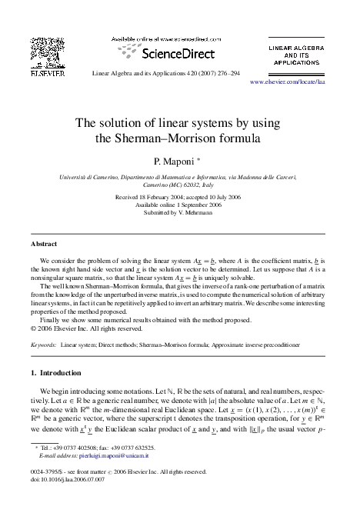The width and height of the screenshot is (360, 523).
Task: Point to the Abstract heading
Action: coord(43,243)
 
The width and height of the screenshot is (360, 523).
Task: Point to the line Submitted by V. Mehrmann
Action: coord(179,212)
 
